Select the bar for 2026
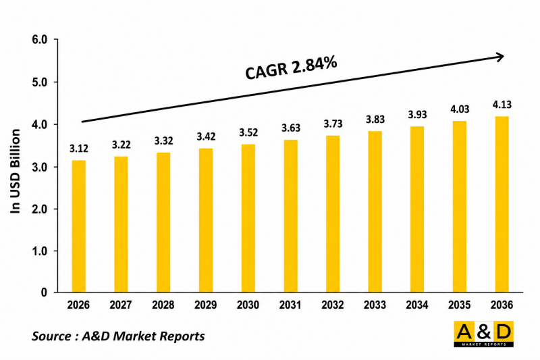pyautogui.click(x=78, y=226)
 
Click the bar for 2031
pyautogui.click(x=291, y=215)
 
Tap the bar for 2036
pyautogui.click(x=502, y=204)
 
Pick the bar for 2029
pyautogui.click(x=206, y=220)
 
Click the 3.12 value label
pyautogui.click(x=78, y=149)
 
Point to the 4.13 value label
pyautogui.click(x=502, y=105)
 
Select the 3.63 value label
pyautogui.click(x=291, y=128)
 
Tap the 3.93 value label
pyautogui.click(x=417, y=114)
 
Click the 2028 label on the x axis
pyautogui.click(x=163, y=305)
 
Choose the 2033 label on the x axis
pyautogui.click(x=375, y=305)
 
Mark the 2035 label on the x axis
pyautogui.click(x=460, y=305)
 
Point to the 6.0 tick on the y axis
pyautogui.click(x=39, y=40)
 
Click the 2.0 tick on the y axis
pyautogui.click(x=39, y=209)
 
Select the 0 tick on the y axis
pyautogui.click(x=44, y=292)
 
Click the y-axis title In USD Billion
pyautogui.click(x=15, y=171)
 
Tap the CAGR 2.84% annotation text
pyautogui.click(x=291, y=68)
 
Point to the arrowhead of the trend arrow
pyautogui.click(x=503, y=57)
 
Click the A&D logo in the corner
pyautogui.click(x=483, y=334)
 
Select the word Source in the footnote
pyautogui.click(x=52, y=336)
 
